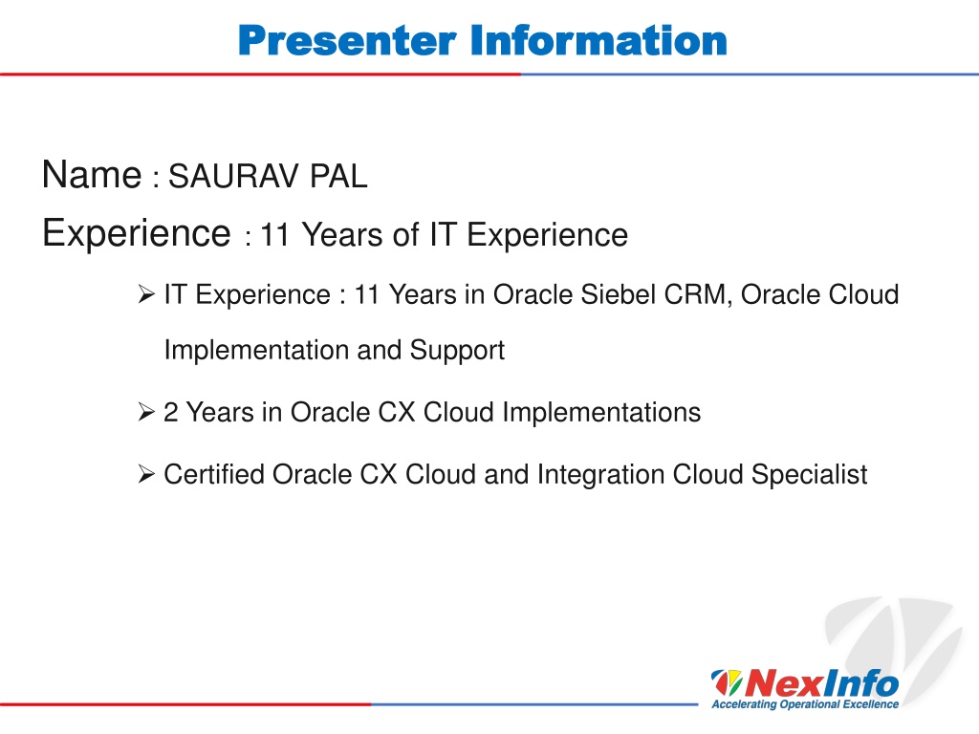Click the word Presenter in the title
tap(348, 40)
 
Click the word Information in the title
tap(598, 40)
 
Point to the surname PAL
tap(339, 176)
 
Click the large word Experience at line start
tap(137, 233)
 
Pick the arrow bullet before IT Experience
tap(146, 294)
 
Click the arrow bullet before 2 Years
tap(146, 412)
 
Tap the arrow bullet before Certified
tap(146, 474)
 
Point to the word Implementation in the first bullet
tap(256, 350)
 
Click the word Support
tap(457, 350)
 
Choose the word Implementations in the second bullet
tap(601, 413)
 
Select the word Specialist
tap(809, 475)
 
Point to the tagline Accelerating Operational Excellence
tap(805, 704)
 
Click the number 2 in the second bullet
tap(170, 413)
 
